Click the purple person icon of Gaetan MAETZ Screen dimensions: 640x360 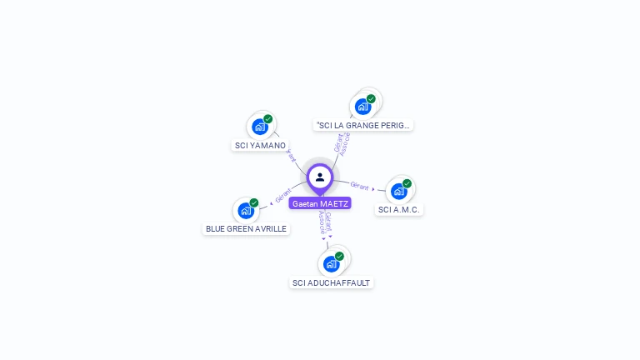pyautogui.click(x=320, y=177)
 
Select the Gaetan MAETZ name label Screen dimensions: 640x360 pyautogui.click(x=320, y=203)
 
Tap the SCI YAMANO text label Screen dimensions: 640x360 pyautogui.click(x=260, y=146)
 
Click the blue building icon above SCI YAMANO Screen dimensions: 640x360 pyautogui.click(x=259, y=127)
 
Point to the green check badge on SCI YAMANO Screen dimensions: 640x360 pyautogui.click(x=268, y=119)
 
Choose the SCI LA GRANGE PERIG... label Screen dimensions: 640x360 pyautogui.click(x=363, y=125)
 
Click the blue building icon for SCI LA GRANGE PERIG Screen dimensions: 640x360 pyautogui.click(x=362, y=107)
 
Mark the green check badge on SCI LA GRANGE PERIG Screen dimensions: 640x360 pyautogui.click(x=371, y=99)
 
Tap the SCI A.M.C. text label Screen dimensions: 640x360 pyautogui.click(x=398, y=209)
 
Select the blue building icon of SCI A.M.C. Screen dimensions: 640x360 pyautogui.click(x=398, y=192)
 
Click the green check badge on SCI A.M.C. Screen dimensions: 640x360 pyautogui.click(x=407, y=183)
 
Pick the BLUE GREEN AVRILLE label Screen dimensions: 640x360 pyautogui.click(x=246, y=228)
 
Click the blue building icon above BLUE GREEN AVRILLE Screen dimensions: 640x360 pyautogui.click(x=245, y=210)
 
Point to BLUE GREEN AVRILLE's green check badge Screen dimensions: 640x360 pyautogui.click(x=254, y=202)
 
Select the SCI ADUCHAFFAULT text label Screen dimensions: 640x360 pyautogui.click(x=331, y=282)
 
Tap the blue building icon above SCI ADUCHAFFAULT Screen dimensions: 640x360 pyautogui.click(x=331, y=264)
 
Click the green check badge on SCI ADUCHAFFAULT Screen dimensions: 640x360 pyautogui.click(x=339, y=257)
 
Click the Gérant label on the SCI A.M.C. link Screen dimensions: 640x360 pyautogui.click(x=360, y=186)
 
